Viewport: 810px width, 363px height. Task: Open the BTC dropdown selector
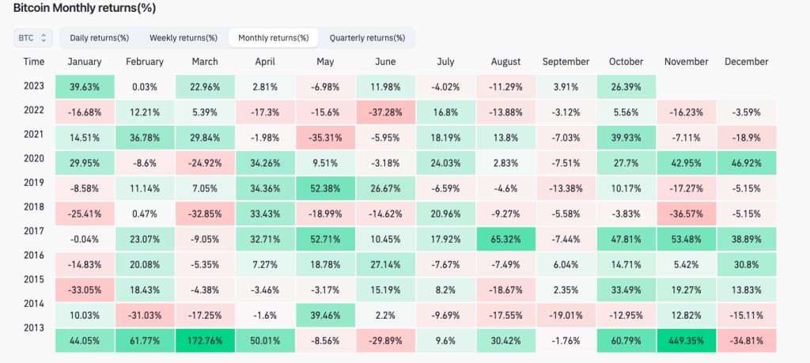click(x=33, y=37)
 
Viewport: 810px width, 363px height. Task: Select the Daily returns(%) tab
click(x=99, y=37)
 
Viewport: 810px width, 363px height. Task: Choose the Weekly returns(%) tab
click(x=184, y=37)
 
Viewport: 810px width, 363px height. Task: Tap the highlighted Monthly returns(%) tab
click(x=273, y=37)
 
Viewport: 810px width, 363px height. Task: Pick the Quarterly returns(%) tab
click(x=367, y=37)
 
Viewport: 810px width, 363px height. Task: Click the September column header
click(x=566, y=62)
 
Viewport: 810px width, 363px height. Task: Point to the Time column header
click(x=34, y=62)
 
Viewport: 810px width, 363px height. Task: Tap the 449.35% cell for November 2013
click(x=687, y=343)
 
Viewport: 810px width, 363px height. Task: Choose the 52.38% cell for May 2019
click(x=325, y=190)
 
